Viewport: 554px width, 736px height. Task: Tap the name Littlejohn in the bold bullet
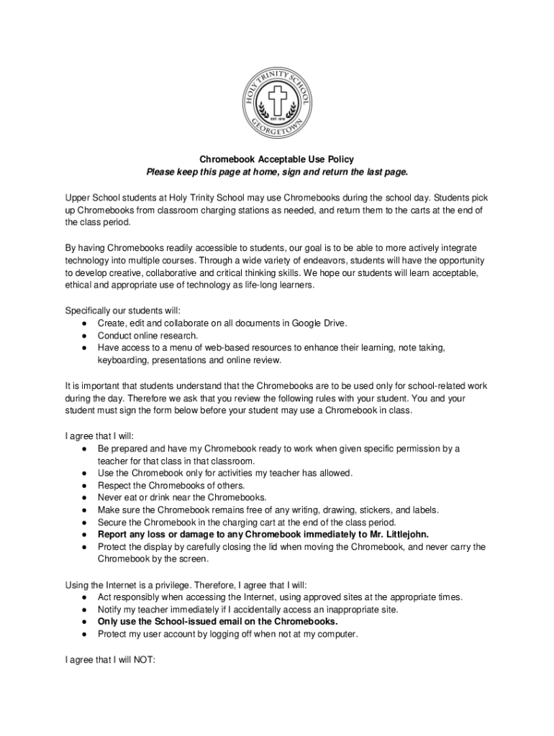(x=404, y=534)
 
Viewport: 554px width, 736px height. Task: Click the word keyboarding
(x=122, y=360)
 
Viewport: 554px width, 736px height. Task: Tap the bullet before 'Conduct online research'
(x=84, y=336)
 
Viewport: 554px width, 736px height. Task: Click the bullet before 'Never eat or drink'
(x=84, y=497)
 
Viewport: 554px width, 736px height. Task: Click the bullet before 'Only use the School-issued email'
(x=84, y=622)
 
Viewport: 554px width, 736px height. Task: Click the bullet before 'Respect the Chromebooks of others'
(x=84, y=485)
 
